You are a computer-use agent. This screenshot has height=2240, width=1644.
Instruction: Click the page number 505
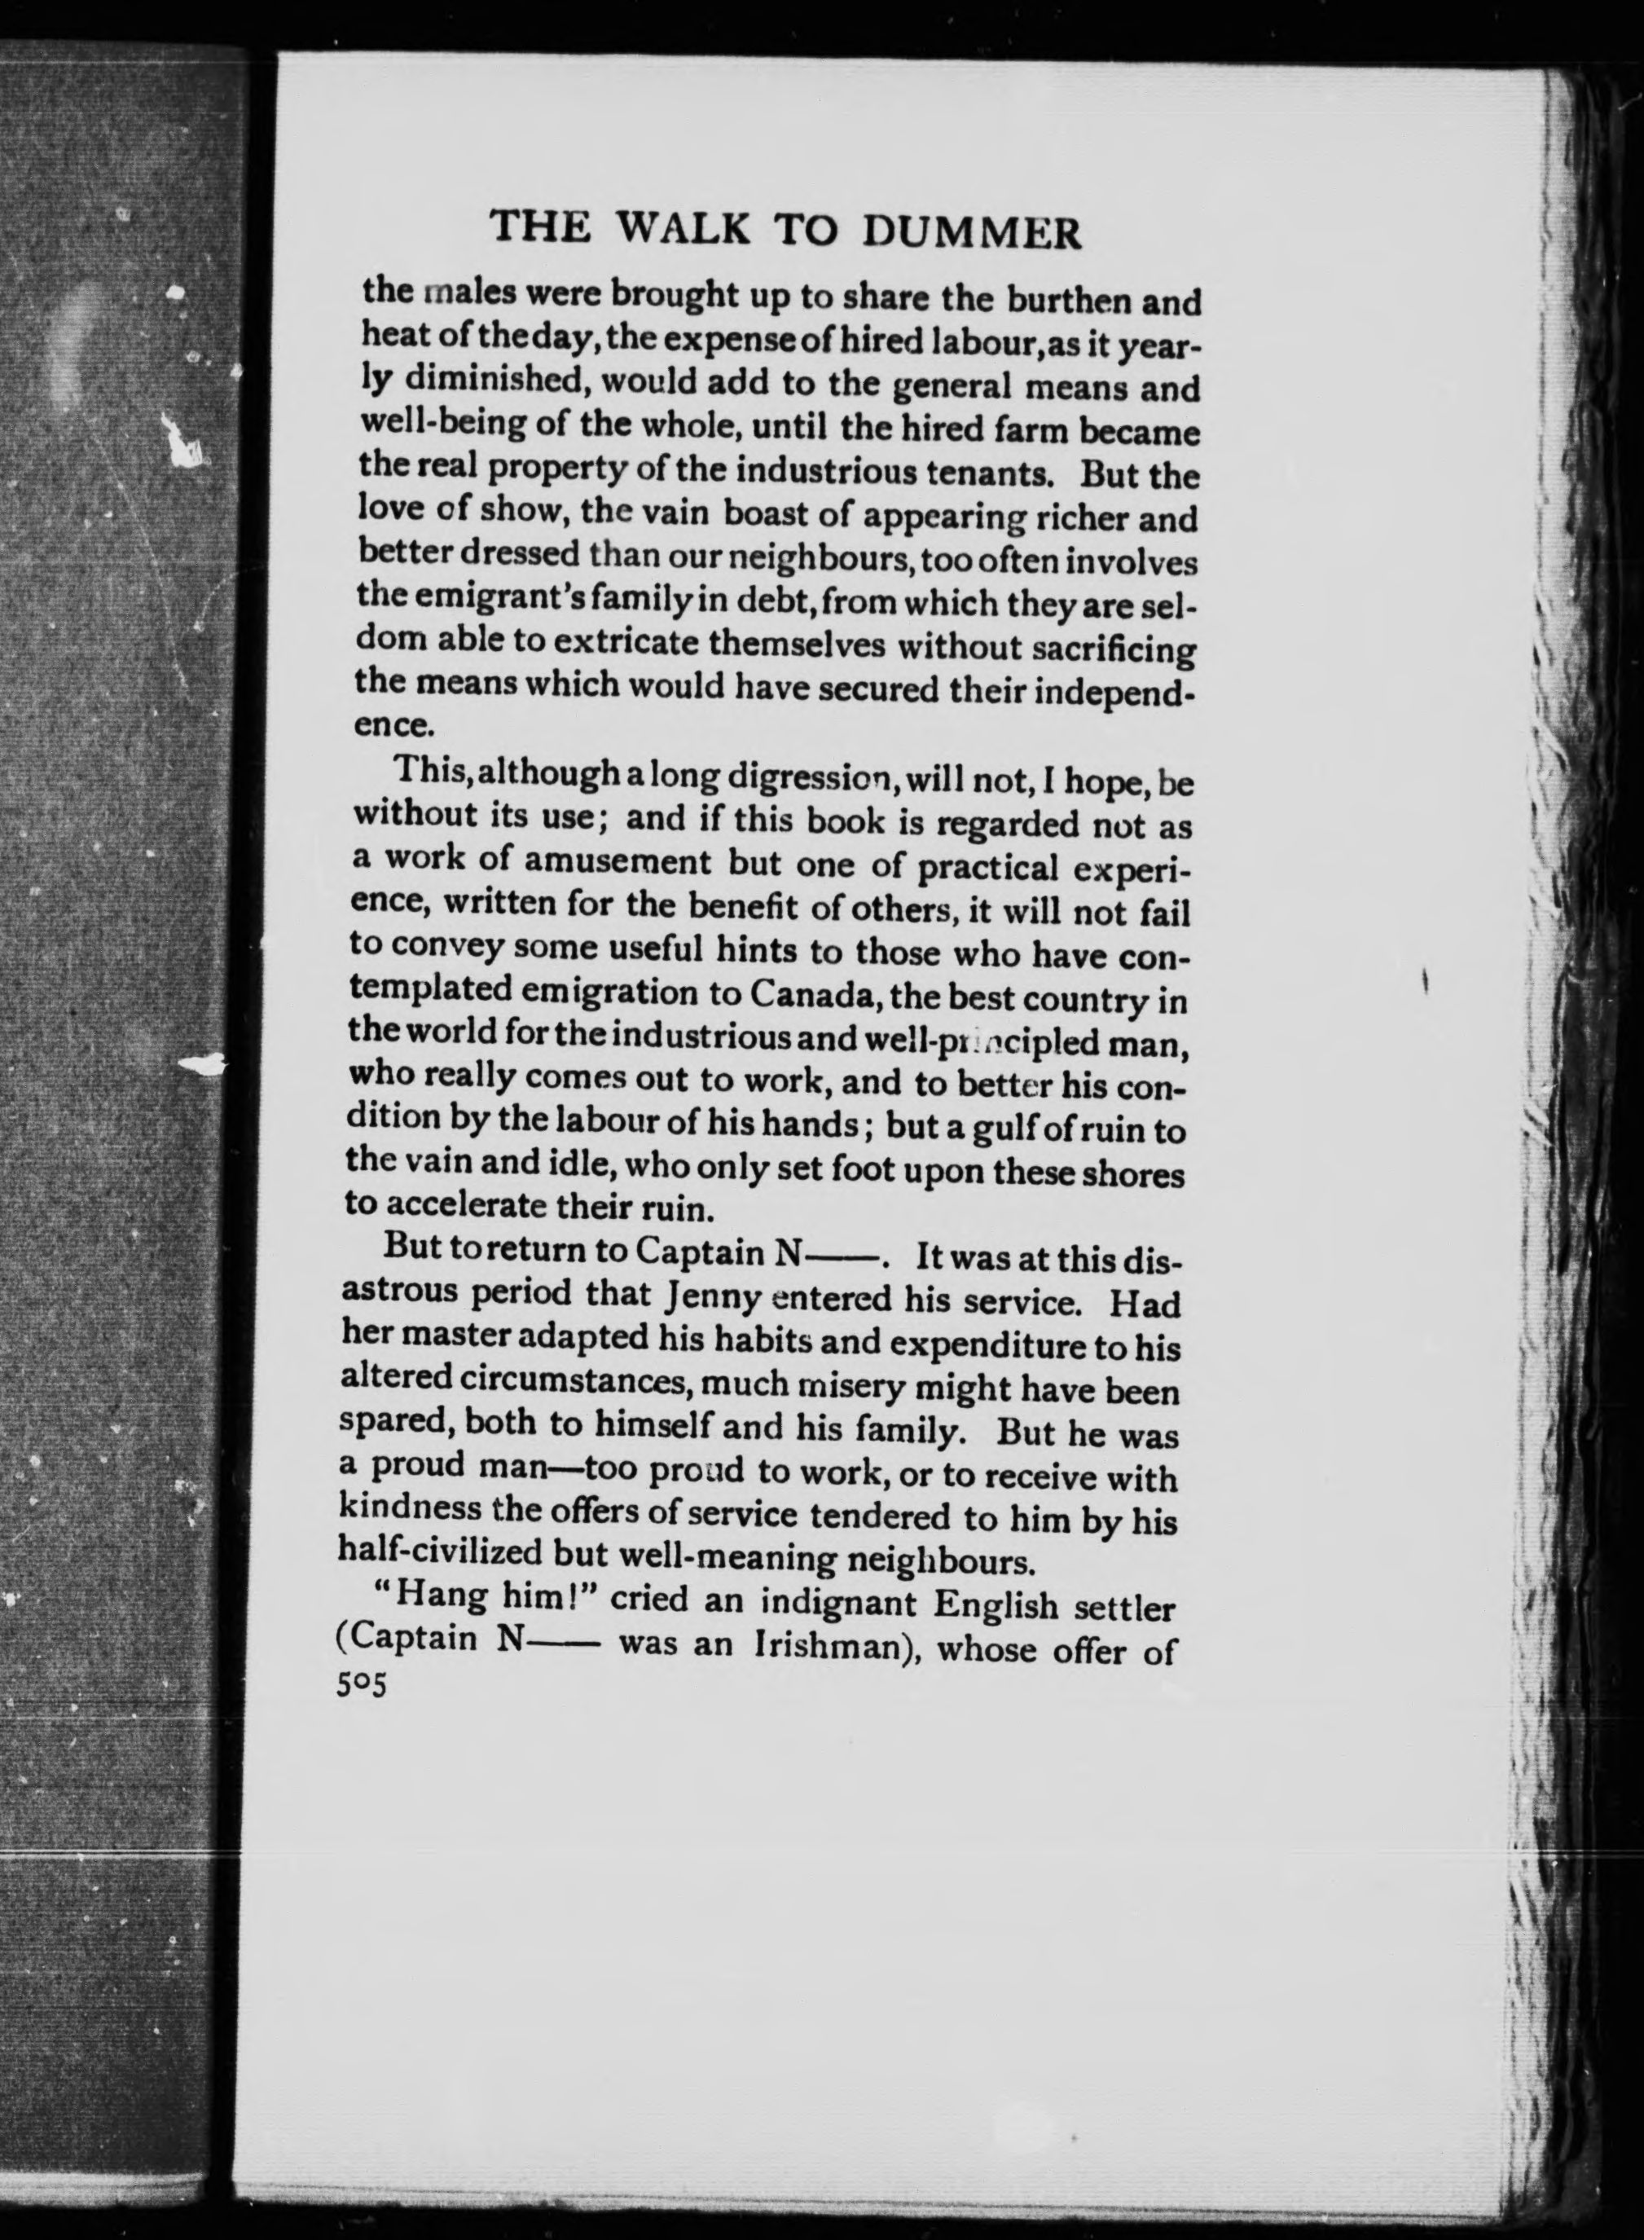pos(360,1686)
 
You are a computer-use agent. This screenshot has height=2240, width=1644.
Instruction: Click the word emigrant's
pos(462,600)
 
